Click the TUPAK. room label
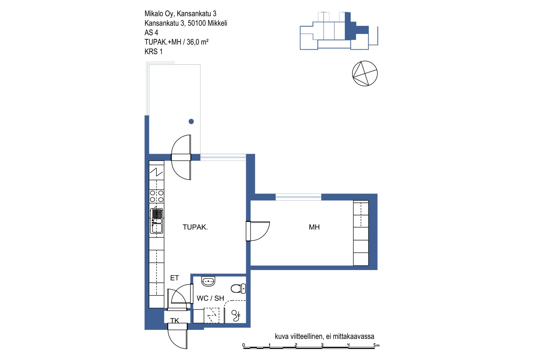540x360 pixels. pyautogui.click(x=195, y=227)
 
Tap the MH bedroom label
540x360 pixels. pyautogui.click(x=314, y=227)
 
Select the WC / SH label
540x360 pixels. pyautogui.click(x=210, y=298)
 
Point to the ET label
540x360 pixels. pyautogui.click(x=174, y=278)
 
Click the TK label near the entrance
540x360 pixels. pyautogui.click(x=174, y=320)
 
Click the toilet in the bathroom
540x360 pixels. pyautogui.click(x=238, y=288)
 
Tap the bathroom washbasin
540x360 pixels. pyautogui.click(x=208, y=281)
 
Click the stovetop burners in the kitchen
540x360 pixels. pyautogui.click(x=157, y=196)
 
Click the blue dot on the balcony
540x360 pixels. pyautogui.click(x=191, y=121)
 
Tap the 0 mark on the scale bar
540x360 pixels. pyautogui.click(x=244, y=345)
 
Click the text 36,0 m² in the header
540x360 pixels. pyautogui.click(x=197, y=42)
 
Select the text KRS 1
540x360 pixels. pyautogui.click(x=154, y=51)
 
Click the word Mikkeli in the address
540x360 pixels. pyautogui.click(x=217, y=23)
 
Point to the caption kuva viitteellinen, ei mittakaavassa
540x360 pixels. pyautogui.click(x=325, y=336)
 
